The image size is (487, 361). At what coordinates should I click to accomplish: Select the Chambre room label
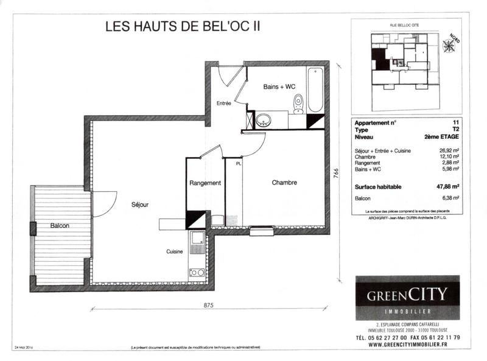284,182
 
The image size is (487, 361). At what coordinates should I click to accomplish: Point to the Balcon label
59,226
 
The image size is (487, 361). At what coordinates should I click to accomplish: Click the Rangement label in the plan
205,183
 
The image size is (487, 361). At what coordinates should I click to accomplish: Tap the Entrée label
223,103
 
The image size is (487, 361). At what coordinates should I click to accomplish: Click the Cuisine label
175,251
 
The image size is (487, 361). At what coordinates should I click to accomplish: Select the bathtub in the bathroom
315,90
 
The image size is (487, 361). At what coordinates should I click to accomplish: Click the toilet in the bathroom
298,103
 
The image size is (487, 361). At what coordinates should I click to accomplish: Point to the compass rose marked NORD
451,45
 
